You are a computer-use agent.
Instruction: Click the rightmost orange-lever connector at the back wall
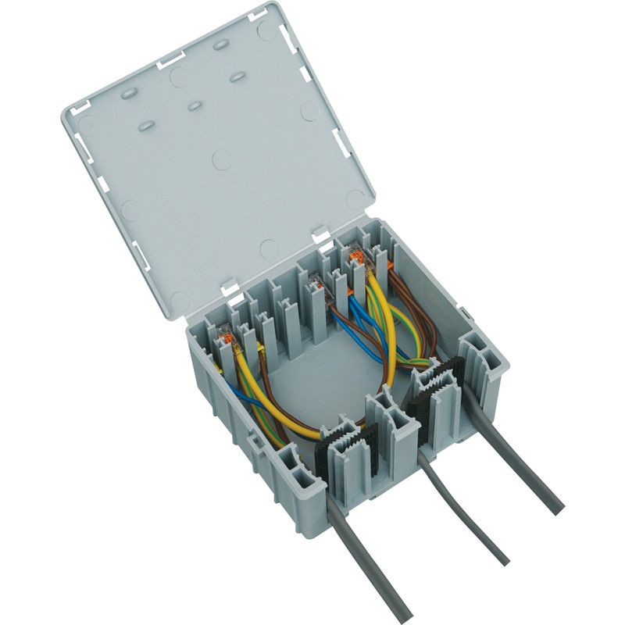click(359, 258)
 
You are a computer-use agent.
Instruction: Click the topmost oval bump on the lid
click(221, 45)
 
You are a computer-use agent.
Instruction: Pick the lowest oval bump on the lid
click(146, 124)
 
